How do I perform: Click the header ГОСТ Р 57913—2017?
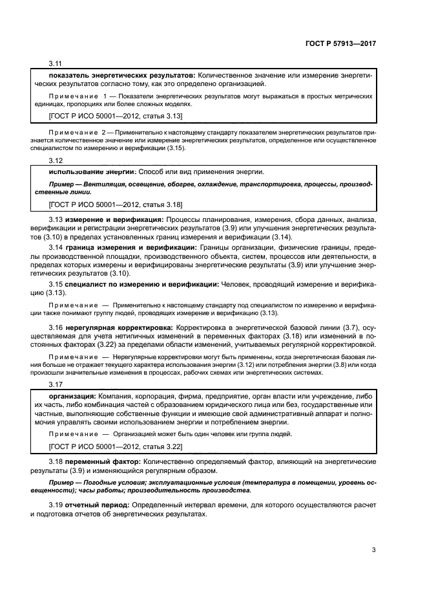click(x=340, y=43)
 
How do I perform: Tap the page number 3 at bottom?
click(x=373, y=551)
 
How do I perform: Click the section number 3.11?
click(x=56, y=65)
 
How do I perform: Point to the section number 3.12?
click(x=56, y=160)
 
